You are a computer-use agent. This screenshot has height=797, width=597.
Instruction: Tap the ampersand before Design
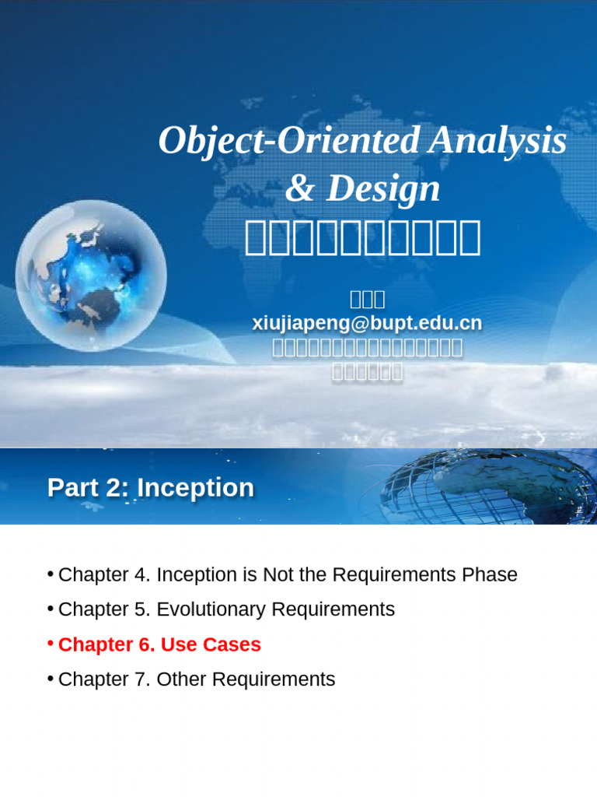(x=299, y=189)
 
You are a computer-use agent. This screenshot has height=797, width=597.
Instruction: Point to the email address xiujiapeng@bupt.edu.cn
(x=367, y=323)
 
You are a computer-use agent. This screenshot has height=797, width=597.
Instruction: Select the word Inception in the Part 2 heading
(x=195, y=488)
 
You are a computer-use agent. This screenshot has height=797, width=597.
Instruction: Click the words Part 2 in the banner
(x=88, y=488)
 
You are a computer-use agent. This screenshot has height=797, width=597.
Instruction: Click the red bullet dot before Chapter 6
(x=50, y=643)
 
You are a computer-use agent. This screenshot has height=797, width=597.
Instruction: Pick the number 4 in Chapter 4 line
(x=140, y=575)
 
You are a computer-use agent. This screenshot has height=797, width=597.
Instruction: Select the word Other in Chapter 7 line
(x=182, y=679)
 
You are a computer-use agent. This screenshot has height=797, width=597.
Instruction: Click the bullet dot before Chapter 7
(x=50, y=678)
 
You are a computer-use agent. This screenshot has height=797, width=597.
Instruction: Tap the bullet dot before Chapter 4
(x=50, y=574)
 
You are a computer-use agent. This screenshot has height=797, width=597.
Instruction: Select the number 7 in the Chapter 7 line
(x=140, y=679)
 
